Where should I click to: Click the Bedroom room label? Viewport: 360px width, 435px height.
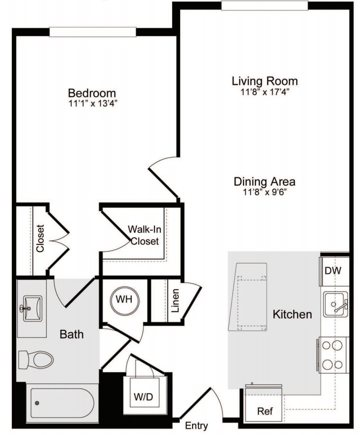(x=92, y=93)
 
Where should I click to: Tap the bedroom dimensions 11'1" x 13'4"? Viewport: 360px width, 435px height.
(x=93, y=104)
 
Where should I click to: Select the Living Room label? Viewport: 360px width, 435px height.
(x=265, y=81)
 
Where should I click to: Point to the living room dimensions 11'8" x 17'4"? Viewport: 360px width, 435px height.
(x=265, y=92)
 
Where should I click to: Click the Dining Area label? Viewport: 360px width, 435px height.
(x=264, y=182)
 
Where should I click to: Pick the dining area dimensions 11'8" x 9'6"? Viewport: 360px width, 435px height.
(x=265, y=192)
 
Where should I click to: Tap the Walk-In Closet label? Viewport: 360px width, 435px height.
(x=145, y=235)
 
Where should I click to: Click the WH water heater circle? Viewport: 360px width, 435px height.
(x=124, y=300)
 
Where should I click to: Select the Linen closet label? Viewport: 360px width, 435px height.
(x=175, y=301)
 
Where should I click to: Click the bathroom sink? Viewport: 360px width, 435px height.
(x=32, y=309)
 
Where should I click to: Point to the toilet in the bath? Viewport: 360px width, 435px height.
(x=36, y=360)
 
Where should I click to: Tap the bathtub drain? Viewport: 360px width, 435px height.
(x=37, y=403)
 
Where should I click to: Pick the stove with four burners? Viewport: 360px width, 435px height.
(x=332, y=355)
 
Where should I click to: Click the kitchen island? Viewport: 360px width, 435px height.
(x=248, y=297)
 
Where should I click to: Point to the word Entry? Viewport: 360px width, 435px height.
(x=196, y=425)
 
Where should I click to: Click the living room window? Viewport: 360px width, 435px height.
(x=264, y=6)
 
